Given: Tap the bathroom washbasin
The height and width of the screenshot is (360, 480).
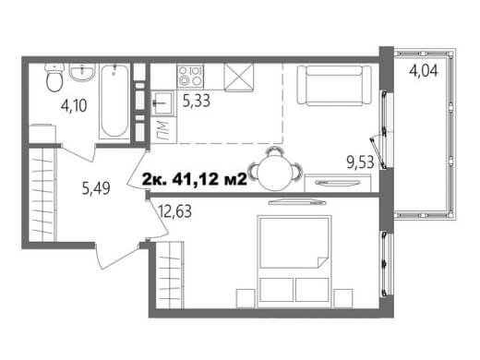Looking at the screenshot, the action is coord(82,72).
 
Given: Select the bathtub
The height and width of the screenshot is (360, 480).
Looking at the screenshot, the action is coord(114,101).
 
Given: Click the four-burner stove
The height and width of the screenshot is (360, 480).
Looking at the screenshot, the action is coord(190,77).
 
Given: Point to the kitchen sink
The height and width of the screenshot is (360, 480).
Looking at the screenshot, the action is coord(162,102).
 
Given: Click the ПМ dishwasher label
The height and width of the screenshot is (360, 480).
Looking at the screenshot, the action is coord(162,130).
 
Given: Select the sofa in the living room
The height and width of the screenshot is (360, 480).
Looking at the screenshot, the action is coord(334,85).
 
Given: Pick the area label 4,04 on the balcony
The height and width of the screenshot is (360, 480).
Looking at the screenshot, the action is coord(424,71).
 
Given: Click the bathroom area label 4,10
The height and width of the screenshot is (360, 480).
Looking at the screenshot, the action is coord(74,105).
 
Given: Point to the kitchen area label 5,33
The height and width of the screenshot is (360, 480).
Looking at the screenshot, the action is coord(197,101).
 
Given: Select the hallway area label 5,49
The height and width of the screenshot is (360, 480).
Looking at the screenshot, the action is coord(96,188).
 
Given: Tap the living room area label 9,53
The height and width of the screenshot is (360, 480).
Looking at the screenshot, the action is coord(360,162).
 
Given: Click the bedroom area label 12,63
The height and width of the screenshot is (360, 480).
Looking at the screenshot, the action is coord(174,211).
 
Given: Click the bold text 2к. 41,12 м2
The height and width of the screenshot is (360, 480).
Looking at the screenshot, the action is coord(195,179).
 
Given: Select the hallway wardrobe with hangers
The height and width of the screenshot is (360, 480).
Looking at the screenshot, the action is coord(42,195).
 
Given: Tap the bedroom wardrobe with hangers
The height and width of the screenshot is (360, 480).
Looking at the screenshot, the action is coord(170,275).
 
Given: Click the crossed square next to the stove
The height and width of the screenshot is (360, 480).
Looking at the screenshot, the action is coord(239,78).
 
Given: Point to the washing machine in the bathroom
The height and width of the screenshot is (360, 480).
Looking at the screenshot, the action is coord(42,134).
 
